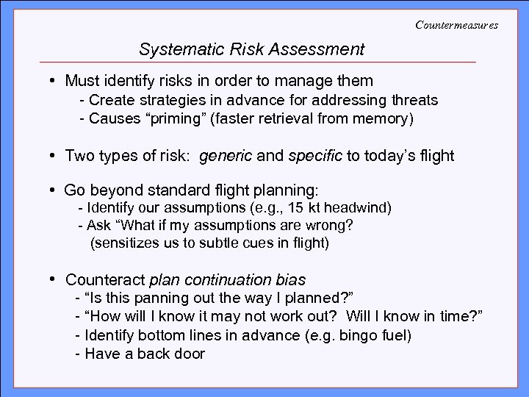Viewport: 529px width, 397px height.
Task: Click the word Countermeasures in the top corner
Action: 456,25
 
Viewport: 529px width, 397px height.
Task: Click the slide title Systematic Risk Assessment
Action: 251,50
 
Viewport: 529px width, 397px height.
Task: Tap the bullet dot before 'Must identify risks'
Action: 54,80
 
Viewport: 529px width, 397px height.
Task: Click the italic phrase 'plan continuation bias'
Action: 227,280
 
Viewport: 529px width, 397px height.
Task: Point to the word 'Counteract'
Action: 105,280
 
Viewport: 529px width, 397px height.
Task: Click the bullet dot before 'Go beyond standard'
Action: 54,190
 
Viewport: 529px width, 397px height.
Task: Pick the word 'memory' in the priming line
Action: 388,118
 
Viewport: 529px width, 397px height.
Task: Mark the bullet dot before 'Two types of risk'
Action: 54,156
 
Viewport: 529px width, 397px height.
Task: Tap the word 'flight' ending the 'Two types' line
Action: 436,156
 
